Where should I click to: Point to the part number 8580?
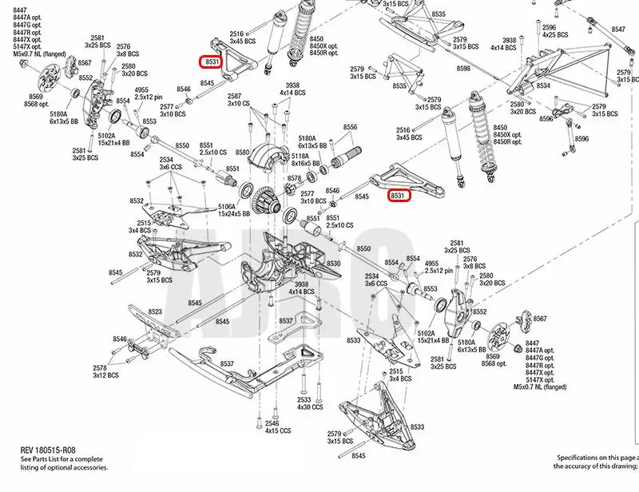tap(243, 152)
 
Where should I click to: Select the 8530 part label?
tap(333, 263)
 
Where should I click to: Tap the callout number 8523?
tap(154, 312)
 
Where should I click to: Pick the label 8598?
tap(463, 69)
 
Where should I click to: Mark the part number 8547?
tap(618, 30)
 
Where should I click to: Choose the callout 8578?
tap(294, 178)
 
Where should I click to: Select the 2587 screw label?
tap(238, 96)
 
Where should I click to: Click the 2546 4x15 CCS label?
tap(272, 426)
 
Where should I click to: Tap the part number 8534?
tap(542, 85)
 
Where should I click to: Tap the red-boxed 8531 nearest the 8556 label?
tap(399, 195)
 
